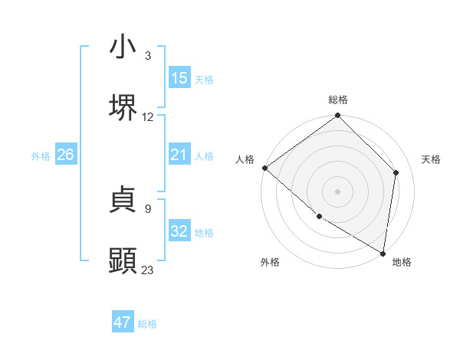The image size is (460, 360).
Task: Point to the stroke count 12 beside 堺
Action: (148, 117)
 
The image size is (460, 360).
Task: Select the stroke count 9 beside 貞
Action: (148, 208)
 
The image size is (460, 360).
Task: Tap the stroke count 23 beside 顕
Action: (148, 270)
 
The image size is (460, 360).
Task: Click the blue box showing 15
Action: (179, 78)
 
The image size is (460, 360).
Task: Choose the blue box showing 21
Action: (179, 155)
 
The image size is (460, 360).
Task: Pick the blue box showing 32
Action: (179, 231)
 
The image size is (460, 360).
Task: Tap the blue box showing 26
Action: (65, 155)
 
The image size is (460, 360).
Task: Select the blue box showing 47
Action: (123, 322)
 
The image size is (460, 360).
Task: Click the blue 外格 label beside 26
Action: (41, 156)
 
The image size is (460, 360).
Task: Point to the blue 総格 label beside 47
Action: (147, 324)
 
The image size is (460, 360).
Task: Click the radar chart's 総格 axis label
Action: (338, 100)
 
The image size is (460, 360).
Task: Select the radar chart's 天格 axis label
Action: (432, 159)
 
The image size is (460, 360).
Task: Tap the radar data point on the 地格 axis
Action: (383, 253)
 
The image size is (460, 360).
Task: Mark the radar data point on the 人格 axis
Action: (264, 168)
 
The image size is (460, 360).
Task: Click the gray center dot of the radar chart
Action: (337, 191)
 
